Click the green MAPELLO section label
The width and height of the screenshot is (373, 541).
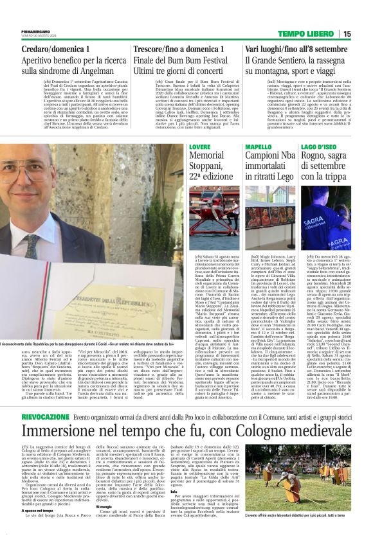[x=259, y=147]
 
